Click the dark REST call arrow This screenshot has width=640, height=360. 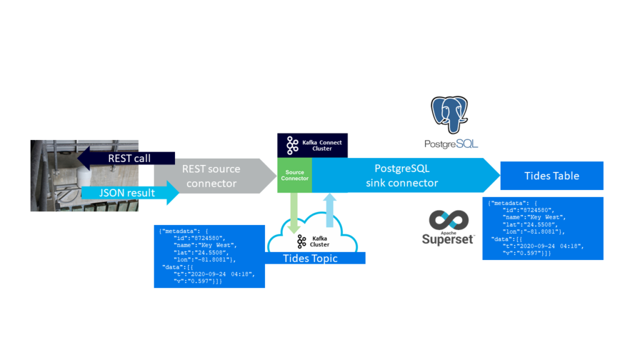click(128, 158)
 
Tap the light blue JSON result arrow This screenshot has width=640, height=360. click(128, 192)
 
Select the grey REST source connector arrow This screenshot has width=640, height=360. click(212, 176)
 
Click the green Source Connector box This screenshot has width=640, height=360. click(294, 175)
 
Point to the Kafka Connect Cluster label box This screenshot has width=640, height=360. click(312, 145)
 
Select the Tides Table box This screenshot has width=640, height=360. click(551, 176)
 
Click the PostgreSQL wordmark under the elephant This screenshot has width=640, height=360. click(451, 144)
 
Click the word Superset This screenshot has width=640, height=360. click(447, 239)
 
